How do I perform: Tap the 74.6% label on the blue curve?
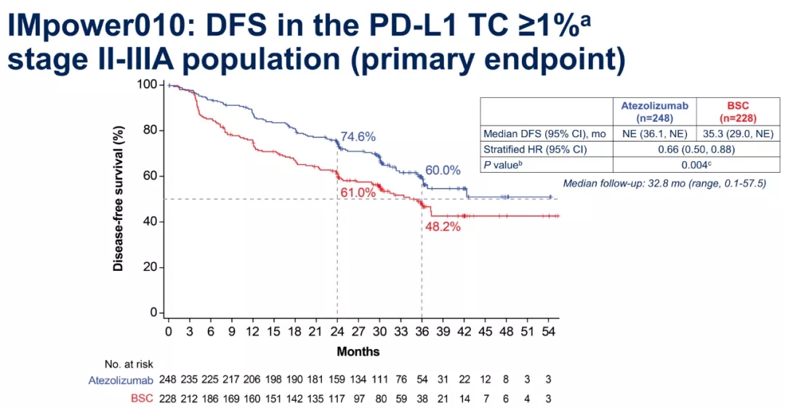click(358, 136)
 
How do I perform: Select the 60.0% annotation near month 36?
click(443, 171)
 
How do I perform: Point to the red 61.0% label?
click(358, 192)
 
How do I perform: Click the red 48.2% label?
click(443, 227)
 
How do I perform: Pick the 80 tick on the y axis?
click(149, 131)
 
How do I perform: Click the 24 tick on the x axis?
click(337, 331)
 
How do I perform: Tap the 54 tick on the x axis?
click(549, 331)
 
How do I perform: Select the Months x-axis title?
click(358, 351)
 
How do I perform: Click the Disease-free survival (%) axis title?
click(117, 197)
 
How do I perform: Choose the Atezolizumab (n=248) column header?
click(654, 111)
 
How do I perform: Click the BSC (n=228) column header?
click(737, 111)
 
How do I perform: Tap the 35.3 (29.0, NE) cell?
click(737, 134)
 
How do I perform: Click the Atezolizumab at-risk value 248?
click(169, 380)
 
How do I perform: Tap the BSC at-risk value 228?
click(169, 398)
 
